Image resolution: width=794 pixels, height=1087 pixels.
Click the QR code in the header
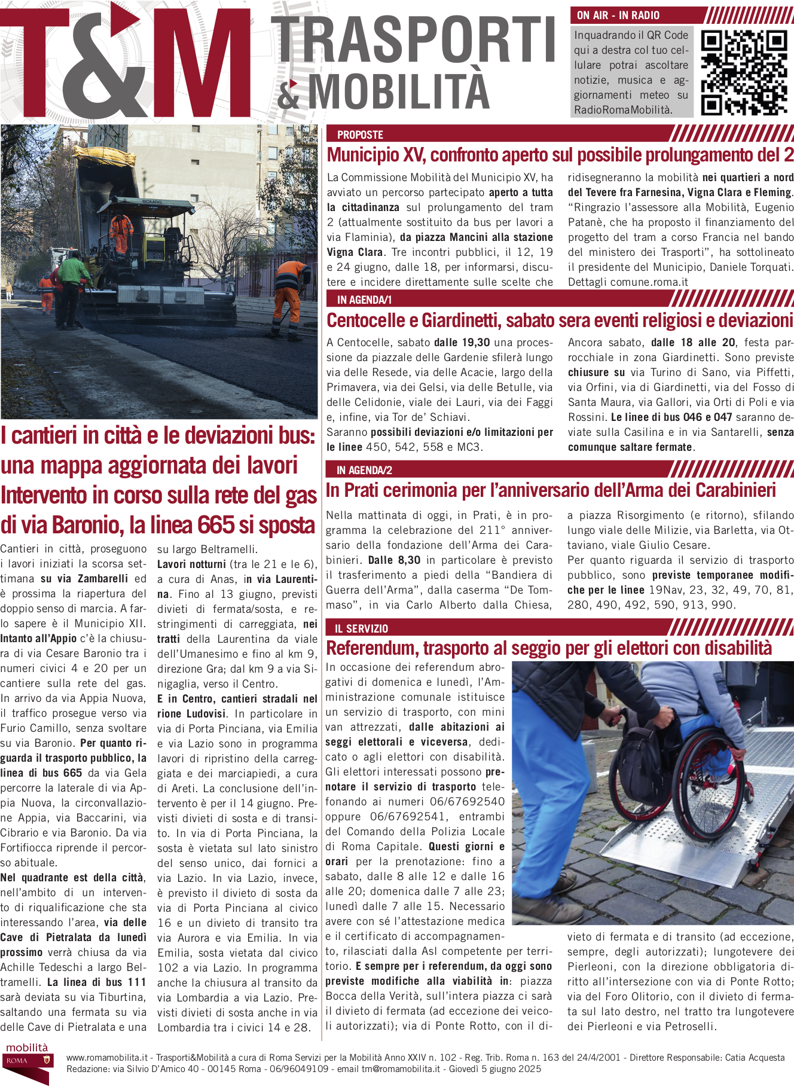point(744,72)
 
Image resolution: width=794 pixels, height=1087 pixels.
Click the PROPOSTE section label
point(360,135)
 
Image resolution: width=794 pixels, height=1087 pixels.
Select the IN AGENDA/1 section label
point(364,300)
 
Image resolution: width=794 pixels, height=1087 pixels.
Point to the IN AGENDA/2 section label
point(364,470)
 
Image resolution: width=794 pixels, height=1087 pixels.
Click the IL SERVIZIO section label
point(361,628)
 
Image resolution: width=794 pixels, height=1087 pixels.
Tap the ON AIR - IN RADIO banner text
point(618,15)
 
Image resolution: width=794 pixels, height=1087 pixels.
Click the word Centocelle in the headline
point(366,321)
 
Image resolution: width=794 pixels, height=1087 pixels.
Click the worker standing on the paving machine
point(121,230)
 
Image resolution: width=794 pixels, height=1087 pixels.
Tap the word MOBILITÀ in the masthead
point(399,91)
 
